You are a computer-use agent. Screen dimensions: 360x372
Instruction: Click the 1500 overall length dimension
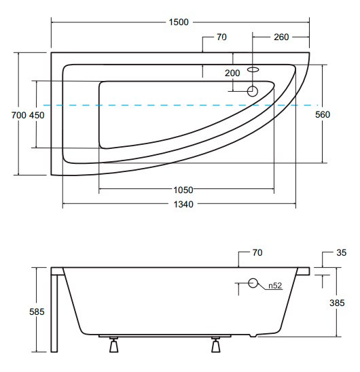coord(179,22)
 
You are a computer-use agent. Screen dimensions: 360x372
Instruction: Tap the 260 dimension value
coord(281,37)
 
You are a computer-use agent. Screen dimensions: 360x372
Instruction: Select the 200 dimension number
coord(232,73)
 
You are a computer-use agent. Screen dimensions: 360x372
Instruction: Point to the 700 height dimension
coord(19,115)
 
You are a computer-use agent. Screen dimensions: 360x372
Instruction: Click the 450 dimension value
coord(37,115)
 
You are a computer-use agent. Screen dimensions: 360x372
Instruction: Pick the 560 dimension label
coord(323,114)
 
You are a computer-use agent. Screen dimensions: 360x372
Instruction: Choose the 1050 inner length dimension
coord(183,190)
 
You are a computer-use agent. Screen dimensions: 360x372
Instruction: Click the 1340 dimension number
coord(183,204)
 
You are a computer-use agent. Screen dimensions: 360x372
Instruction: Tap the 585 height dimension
coord(37,311)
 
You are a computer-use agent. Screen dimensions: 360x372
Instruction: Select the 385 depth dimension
coord(337,303)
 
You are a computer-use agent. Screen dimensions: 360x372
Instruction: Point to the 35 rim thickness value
coord(341,252)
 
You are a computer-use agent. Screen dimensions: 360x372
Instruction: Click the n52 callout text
coord(275,286)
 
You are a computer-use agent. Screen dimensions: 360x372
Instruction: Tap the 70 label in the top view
coord(221,37)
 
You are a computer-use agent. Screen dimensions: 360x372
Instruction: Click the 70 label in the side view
coord(257,252)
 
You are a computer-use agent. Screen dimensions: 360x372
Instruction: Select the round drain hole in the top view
coord(253,91)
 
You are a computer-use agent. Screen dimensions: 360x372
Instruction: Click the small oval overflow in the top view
coord(253,69)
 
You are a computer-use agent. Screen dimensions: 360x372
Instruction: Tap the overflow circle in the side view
coord(253,283)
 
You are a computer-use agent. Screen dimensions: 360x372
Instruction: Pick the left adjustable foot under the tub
coord(113,344)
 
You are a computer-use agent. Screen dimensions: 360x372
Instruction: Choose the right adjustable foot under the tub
coord(216,344)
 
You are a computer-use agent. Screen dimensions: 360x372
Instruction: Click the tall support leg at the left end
coord(54,314)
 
